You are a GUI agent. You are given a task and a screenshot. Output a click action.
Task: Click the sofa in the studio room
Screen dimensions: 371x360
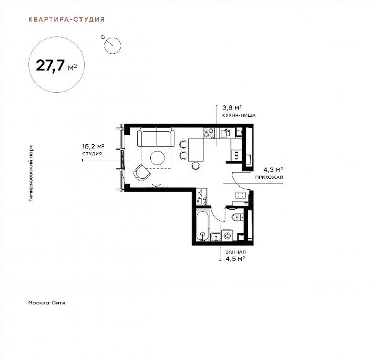(156, 138)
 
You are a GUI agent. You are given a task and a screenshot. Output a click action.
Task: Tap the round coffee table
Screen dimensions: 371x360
(157, 158)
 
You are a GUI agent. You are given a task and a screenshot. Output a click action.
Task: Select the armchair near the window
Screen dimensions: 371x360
(142, 173)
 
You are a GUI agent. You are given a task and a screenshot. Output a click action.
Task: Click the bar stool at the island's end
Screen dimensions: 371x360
(195, 166)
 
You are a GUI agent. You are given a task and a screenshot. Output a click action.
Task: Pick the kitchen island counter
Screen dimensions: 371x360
(195, 150)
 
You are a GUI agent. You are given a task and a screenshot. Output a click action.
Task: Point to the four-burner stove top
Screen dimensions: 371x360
(209, 133)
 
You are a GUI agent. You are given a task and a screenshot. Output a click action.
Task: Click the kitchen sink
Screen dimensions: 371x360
(225, 133)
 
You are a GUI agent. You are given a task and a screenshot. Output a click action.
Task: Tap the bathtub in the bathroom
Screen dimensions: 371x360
(203, 226)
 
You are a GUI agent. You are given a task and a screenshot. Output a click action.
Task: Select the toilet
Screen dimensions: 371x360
(237, 217)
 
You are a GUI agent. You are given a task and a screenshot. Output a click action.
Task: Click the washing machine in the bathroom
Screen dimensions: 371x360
(228, 236)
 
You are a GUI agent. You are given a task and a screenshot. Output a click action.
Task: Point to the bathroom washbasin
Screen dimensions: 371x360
(216, 237)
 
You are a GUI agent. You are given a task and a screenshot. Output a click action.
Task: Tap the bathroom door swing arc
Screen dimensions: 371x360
(215, 216)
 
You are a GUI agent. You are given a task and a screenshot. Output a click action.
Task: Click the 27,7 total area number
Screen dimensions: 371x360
(50, 66)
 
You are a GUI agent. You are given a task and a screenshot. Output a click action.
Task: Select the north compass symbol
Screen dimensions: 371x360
(112, 45)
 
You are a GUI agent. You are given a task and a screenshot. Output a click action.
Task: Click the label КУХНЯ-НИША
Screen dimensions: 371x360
(239, 116)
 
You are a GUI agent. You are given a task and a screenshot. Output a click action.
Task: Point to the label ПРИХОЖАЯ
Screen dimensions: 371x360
(269, 177)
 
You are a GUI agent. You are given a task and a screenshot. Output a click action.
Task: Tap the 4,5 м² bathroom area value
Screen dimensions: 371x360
(235, 259)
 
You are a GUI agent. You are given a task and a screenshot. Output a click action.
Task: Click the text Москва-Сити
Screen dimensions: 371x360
(46, 302)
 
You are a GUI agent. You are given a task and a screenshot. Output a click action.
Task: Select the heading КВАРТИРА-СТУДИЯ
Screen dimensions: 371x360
(67, 19)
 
